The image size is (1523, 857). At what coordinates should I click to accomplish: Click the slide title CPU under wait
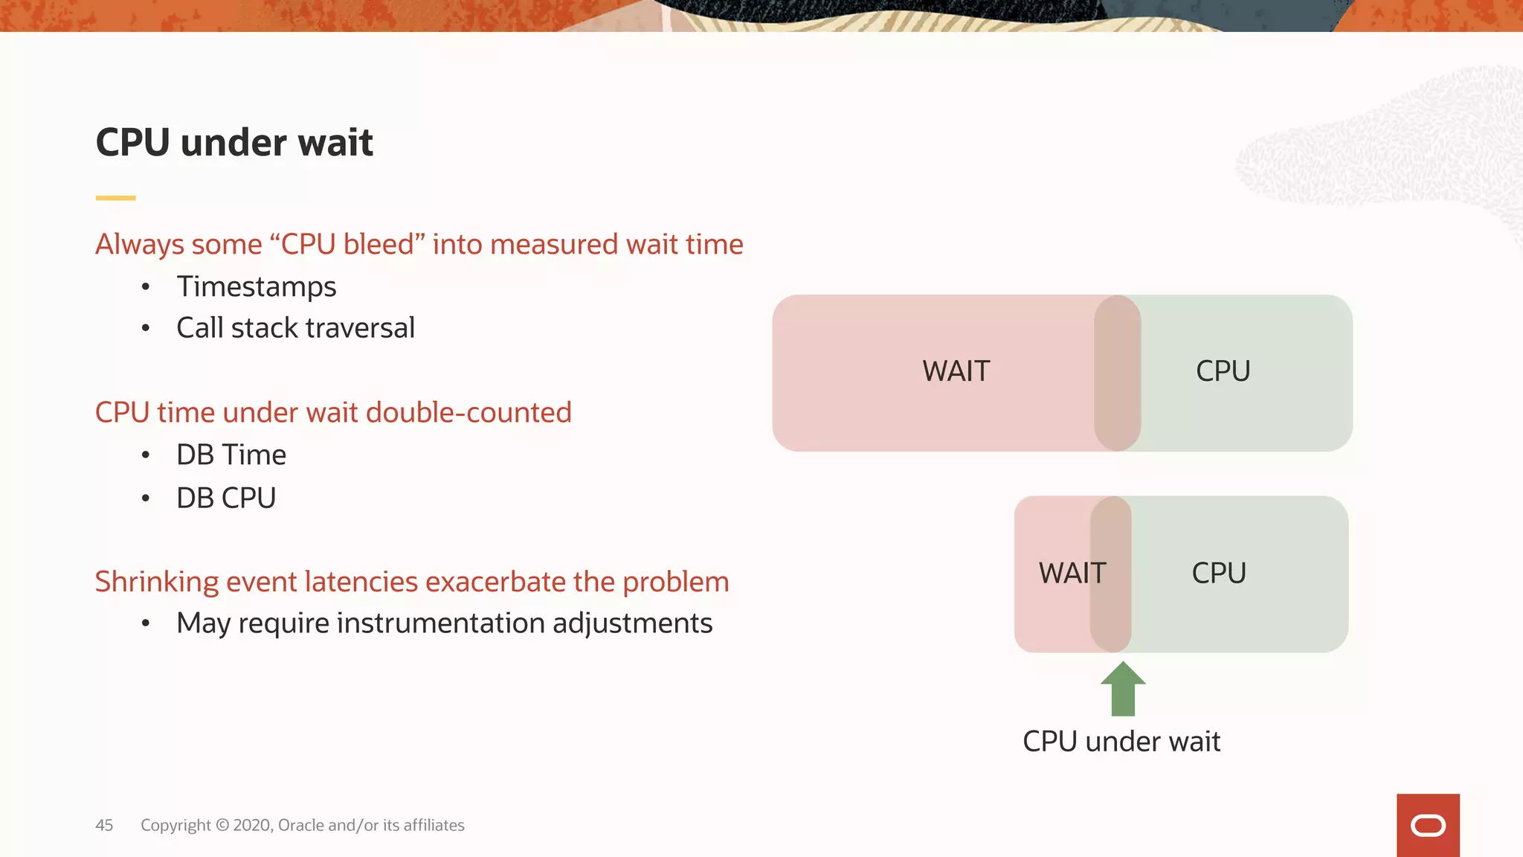(x=234, y=142)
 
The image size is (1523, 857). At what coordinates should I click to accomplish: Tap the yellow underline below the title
(x=115, y=198)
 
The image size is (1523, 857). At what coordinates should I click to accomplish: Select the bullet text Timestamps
(x=256, y=286)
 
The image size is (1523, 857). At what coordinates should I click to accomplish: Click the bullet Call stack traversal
(x=295, y=328)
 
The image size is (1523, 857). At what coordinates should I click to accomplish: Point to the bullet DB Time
(x=231, y=455)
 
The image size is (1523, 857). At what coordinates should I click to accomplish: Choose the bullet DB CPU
(x=226, y=498)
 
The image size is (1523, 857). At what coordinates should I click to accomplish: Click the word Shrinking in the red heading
(x=156, y=582)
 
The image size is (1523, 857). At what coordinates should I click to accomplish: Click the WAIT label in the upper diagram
(x=956, y=371)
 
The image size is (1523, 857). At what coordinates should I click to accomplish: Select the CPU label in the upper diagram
(x=1223, y=371)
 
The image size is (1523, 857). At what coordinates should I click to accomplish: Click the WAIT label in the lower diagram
(x=1072, y=574)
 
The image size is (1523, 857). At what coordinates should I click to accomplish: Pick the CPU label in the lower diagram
(x=1218, y=574)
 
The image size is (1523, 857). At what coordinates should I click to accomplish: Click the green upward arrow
(x=1123, y=690)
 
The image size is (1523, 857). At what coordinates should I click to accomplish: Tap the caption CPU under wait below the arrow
(x=1121, y=742)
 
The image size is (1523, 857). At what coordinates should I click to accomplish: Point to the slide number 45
(x=104, y=825)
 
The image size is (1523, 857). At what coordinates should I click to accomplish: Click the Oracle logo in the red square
(x=1427, y=826)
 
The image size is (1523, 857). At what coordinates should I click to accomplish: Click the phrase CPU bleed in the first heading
(x=347, y=245)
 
